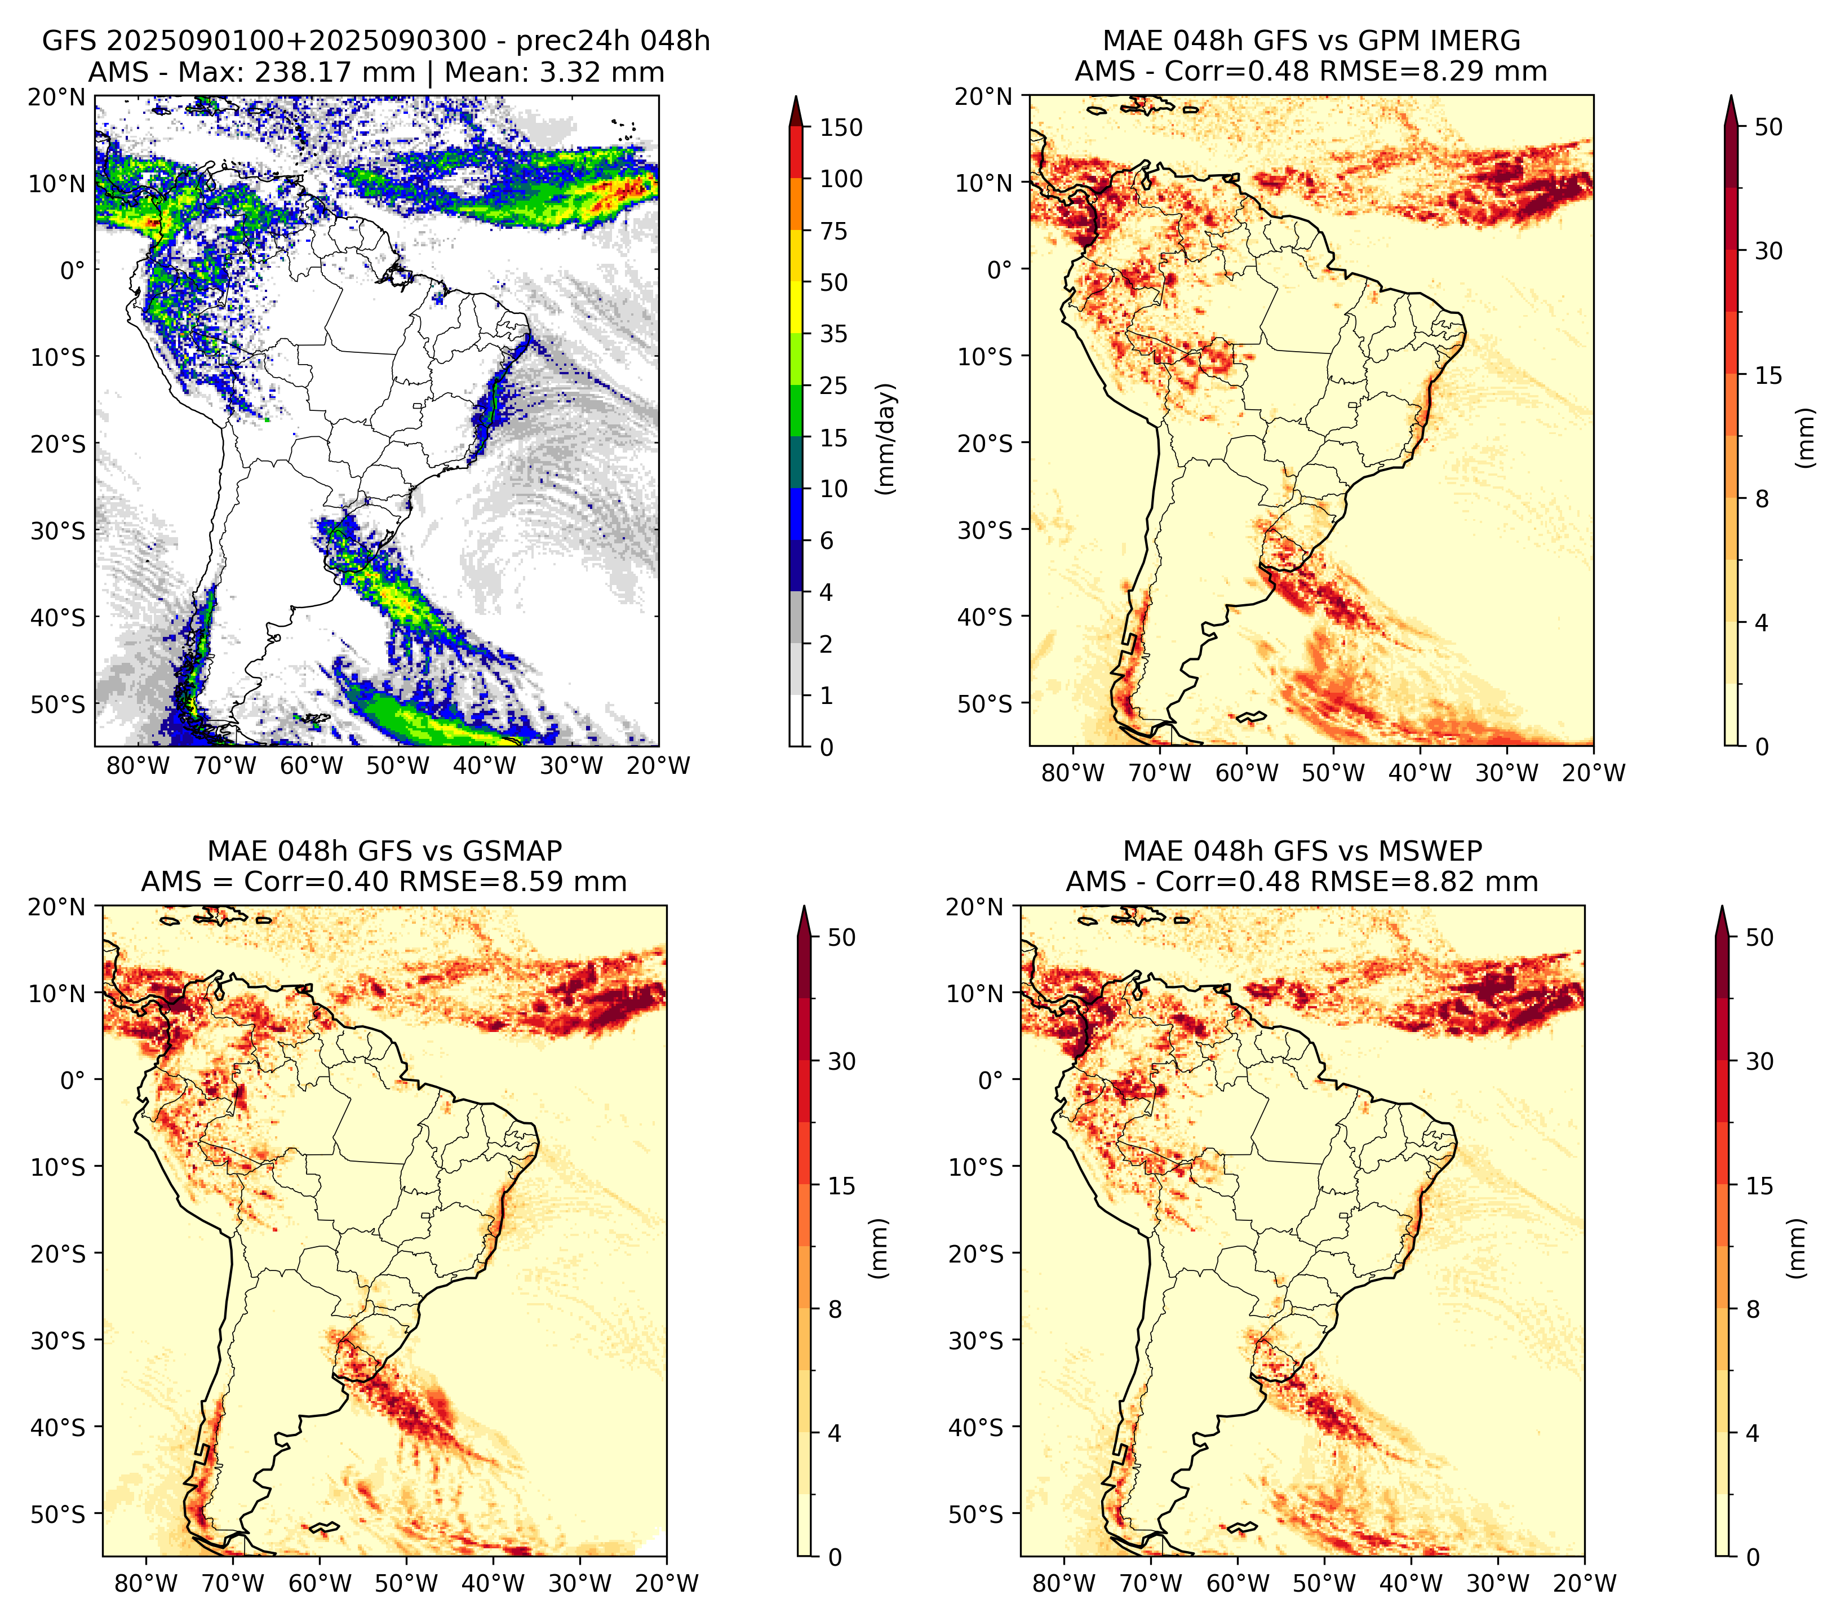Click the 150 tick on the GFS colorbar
pyautogui.click(x=841, y=127)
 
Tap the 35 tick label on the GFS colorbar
pyautogui.click(x=834, y=334)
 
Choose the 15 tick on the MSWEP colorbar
pyautogui.click(x=1759, y=1185)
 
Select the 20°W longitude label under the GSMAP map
pyautogui.click(x=667, y=1583)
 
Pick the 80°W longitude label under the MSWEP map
pyautogui.click(x=1064, y=1583)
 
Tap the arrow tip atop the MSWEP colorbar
pyautogui.click(x=1722, y=907)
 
